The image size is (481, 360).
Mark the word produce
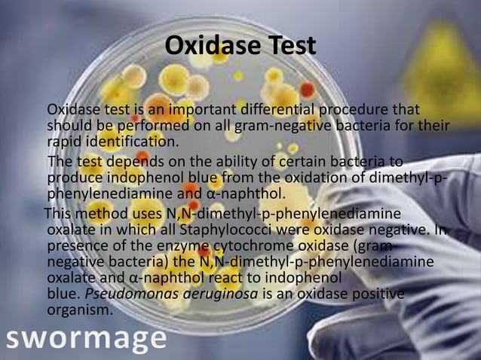click(x=75, y=178)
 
